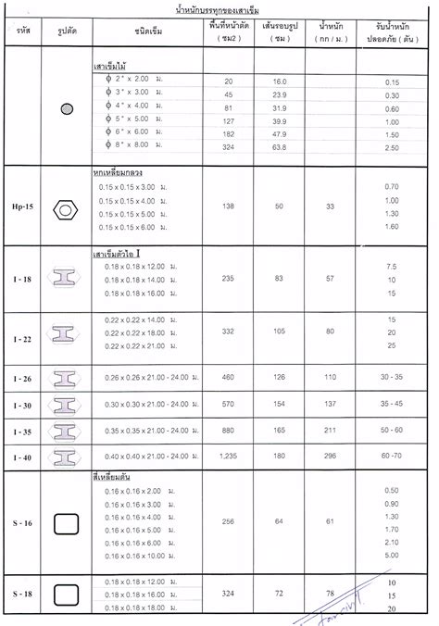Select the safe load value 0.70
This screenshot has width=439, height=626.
(391, 188)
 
